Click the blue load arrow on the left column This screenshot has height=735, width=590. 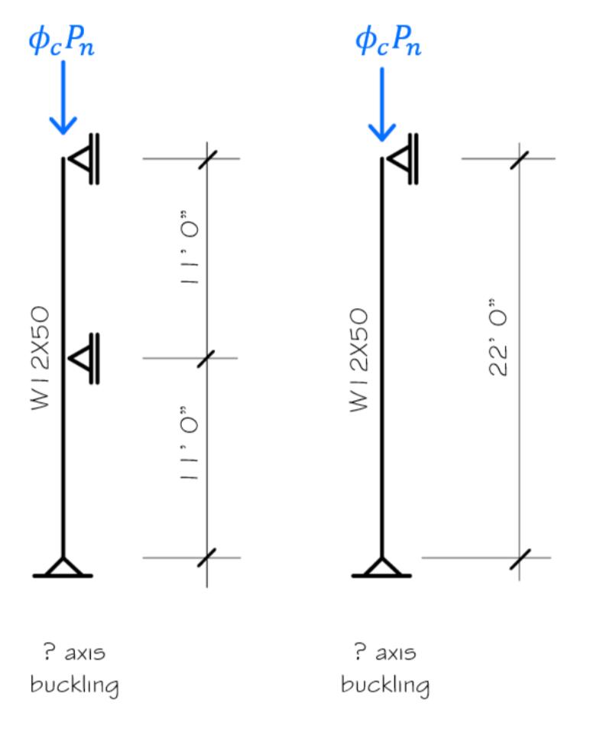[63, 99]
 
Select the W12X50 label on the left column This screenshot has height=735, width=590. [41, 359]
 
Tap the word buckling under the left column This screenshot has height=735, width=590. [74, 685]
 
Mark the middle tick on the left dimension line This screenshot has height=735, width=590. [206, 358]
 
